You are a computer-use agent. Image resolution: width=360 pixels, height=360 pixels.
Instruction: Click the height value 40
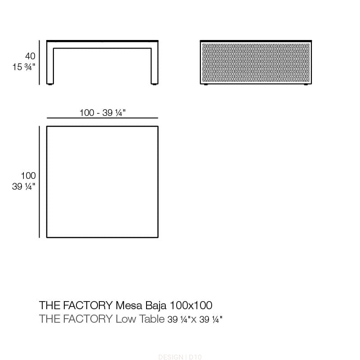coord(30,56)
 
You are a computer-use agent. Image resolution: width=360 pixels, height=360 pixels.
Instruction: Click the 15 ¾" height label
coord(24,67)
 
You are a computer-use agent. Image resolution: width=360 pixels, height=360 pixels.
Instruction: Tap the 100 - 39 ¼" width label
coord(102,113)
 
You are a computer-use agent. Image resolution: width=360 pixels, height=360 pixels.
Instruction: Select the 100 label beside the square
coord(28,176)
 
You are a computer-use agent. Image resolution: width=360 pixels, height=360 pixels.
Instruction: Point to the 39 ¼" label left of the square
coord(24,187)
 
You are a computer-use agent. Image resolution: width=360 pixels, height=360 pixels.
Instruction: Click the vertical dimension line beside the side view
coord(39,62)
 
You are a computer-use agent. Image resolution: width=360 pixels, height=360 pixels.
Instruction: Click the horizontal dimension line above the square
coord(102,118)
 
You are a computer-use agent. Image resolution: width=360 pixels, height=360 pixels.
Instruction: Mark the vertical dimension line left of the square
coord(39,182)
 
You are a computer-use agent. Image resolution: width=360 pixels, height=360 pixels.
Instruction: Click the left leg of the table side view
coord(50,66)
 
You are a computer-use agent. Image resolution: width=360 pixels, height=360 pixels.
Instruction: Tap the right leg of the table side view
coord(155,66)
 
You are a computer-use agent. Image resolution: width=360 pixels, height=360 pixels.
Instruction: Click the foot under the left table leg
coord(49,84)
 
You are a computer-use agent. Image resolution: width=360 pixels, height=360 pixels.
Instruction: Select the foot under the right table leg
coord(155,84)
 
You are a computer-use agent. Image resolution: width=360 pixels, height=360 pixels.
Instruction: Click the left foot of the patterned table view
coord(206,84)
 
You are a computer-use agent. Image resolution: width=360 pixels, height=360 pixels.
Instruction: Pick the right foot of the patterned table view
coord(306,84)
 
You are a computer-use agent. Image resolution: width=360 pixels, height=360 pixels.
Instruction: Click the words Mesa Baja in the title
coord(141,305)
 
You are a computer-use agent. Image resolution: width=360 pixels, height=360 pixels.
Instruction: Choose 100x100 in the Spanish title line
coord(191,305)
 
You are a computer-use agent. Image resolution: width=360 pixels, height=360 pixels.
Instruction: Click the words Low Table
coord(140,319)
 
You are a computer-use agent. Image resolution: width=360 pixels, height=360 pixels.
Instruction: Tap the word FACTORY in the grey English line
coord(88,319)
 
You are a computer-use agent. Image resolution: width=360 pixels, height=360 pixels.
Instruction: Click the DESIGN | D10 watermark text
coord(180,357)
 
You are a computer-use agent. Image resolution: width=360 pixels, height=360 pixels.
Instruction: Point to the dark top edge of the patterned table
coord(256,41)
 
